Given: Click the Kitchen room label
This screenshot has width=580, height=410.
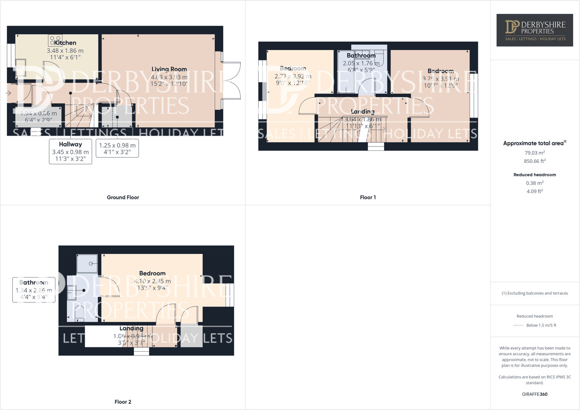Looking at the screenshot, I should tap(65, 43).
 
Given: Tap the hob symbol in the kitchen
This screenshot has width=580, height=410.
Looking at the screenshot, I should tap(55, 41).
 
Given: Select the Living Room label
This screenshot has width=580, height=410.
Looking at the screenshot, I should tap(169, 69).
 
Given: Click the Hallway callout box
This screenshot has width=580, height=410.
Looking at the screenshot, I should tap(70, 152).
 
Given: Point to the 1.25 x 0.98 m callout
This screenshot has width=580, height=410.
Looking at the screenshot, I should tap(117, 148).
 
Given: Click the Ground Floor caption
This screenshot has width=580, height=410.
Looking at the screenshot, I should tap(123, 197).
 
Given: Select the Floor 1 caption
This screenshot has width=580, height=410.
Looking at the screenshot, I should tap(368, 197).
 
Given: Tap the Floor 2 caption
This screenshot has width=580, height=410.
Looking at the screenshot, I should tap(123, 402).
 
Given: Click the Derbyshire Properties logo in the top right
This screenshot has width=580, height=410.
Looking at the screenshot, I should tap(535, 30).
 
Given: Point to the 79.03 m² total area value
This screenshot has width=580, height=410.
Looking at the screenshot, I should tap(535, 153).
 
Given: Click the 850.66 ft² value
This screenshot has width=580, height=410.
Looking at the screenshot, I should tap(535, 161).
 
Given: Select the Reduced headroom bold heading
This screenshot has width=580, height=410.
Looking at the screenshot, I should tap(535, 175).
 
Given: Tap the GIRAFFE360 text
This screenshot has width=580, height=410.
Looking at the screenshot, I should tap(535, 394).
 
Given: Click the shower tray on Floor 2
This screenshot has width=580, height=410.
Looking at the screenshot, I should tap(87, 264).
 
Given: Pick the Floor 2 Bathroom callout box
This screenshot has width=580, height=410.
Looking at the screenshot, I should tap(34, 290).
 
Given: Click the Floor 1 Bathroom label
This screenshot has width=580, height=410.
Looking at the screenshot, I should tap(361, 56).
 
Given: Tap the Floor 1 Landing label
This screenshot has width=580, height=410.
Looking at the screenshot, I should tap(363, 111).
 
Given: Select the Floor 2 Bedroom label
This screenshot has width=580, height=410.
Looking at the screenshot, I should tap(152, 273).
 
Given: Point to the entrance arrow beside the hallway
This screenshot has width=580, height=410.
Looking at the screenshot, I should tap(8, 93).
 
